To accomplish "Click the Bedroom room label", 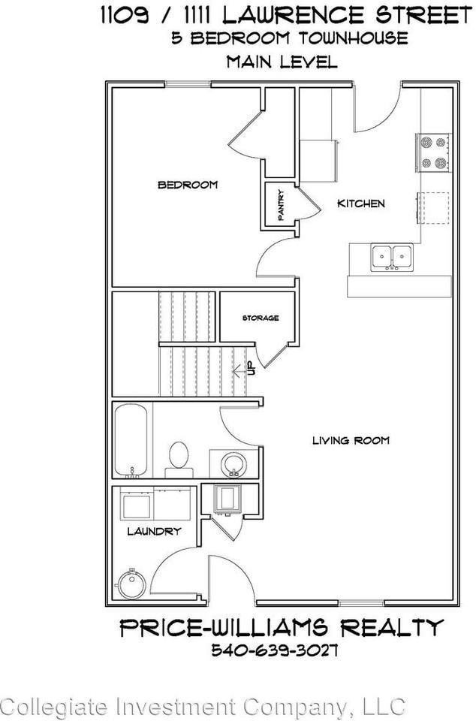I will coord(187,185).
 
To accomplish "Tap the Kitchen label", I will coord(360,204).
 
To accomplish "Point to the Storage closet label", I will coord(260,318).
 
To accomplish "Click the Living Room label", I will coord(351,441).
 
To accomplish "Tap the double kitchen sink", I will coord(390,257).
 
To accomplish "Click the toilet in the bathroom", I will coord(179,457).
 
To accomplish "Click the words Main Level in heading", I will coord(282,62).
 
